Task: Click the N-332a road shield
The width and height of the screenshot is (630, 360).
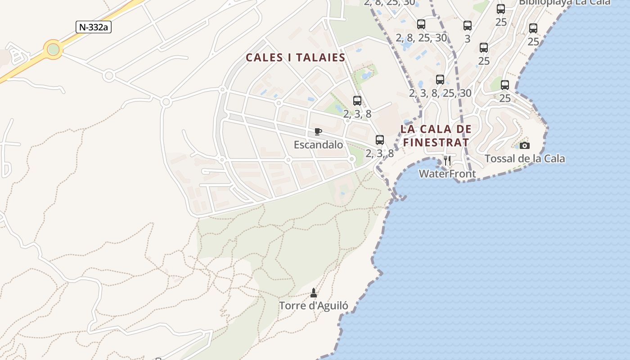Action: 93,27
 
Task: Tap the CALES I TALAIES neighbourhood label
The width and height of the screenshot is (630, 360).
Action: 296,58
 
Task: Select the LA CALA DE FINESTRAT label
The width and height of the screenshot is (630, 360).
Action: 436,135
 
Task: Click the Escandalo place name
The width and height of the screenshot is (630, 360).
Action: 318,145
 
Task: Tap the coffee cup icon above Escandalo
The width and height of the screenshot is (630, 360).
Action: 318,131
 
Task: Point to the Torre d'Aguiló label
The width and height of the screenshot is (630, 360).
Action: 314,306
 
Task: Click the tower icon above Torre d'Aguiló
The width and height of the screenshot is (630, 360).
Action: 314,293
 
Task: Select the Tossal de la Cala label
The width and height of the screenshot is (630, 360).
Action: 525,158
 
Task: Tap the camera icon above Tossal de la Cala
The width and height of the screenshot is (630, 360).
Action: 525,145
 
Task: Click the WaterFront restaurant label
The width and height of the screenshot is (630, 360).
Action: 447,174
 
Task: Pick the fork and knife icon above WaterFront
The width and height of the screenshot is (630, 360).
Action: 447,161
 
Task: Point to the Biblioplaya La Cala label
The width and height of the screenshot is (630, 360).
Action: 565,2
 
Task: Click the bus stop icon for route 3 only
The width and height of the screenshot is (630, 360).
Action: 468,26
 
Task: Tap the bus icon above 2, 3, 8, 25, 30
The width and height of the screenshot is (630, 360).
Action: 440,80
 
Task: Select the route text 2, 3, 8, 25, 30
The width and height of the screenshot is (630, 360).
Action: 440,93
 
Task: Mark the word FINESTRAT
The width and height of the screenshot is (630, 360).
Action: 436,142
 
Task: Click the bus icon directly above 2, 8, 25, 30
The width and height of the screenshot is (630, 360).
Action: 421,24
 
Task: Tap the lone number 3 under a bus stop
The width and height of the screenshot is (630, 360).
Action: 468,39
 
